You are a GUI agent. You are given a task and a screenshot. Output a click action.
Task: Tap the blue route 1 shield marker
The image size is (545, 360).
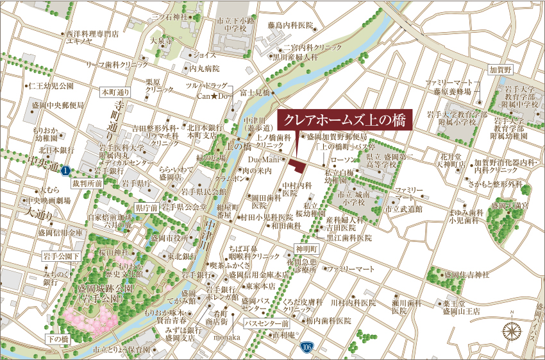click(65, 171)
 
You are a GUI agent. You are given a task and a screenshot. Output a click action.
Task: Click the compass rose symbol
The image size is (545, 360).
click(512, 331)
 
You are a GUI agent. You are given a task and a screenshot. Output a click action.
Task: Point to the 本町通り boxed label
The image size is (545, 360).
click(115, 92)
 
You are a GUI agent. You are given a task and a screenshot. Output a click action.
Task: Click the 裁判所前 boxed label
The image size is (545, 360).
click(87, 183)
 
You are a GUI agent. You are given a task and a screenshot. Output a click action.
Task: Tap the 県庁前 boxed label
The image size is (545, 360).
click(147, 208)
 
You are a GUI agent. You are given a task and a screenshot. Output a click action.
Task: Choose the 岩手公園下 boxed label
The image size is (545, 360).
click(60, 256)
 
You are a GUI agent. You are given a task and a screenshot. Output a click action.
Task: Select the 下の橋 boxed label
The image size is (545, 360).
click(57, 338)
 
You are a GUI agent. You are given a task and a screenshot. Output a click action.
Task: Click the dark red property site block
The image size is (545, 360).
click(296, 166)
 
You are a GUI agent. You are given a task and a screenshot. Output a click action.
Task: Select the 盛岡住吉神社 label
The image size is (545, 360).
click(465, 275)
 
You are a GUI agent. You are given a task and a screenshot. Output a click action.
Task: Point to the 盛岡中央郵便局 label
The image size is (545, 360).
click(58, 105)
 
